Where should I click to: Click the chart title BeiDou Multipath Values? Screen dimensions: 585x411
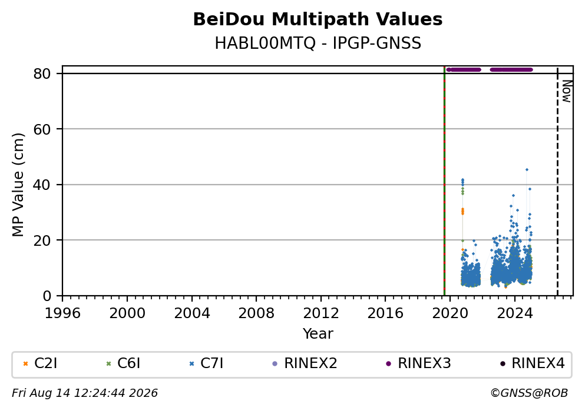(x=318, y=19)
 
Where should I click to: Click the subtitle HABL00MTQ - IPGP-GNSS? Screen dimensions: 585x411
(x=318, y=44)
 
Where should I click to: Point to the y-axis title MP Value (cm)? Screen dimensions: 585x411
(x=18, y=185)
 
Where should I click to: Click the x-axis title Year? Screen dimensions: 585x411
(x=318, y=333)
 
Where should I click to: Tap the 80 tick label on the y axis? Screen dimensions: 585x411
(x=42, y=73)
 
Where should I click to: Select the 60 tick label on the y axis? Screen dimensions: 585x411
(x=42, y=129)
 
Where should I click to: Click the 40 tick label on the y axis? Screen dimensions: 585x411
(x=42, y=185)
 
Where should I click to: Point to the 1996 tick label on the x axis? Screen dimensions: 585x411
(x=62, y=313)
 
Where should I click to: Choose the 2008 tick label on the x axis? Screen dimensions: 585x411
(x=256, y=313)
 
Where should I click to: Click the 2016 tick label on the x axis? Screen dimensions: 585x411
(x=385, y=313)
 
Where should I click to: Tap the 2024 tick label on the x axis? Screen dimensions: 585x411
(x=514, y=313)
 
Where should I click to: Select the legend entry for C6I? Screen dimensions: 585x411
(x=123, y=363)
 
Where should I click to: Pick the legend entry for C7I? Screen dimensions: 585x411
(x=206, y=363)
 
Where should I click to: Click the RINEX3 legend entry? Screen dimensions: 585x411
(x=418, y=363)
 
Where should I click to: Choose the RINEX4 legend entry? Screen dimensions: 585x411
(x=532, y=363)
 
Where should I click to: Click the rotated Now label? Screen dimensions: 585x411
(x=567, y=91)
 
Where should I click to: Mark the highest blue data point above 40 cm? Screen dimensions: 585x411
(x=527, y=170)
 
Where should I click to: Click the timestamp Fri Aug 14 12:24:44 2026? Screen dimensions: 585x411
(x=85, y=393)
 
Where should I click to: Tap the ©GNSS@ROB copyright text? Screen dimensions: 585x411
(x=529, y=393)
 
